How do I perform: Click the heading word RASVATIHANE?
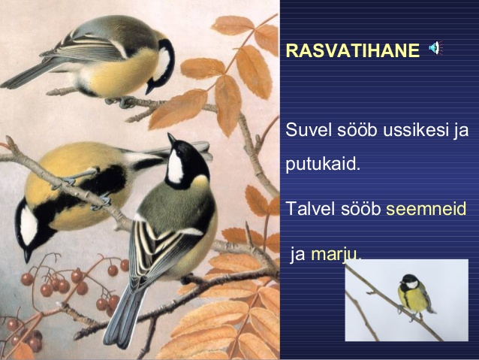(353, 50)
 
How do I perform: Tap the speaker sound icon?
(435, 48)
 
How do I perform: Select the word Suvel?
(309, 130)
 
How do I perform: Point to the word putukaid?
(323, 165)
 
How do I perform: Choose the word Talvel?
(310, 209)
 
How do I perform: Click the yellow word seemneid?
(426, 209)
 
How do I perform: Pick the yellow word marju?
(336, 255)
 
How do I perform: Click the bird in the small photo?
(415, 295)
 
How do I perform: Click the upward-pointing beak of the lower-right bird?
(172, 139)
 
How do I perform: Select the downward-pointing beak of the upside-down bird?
(27, 256)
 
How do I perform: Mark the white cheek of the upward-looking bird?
(176, 168)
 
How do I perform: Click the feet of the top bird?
(122, 101)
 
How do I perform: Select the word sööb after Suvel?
(357, 130)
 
